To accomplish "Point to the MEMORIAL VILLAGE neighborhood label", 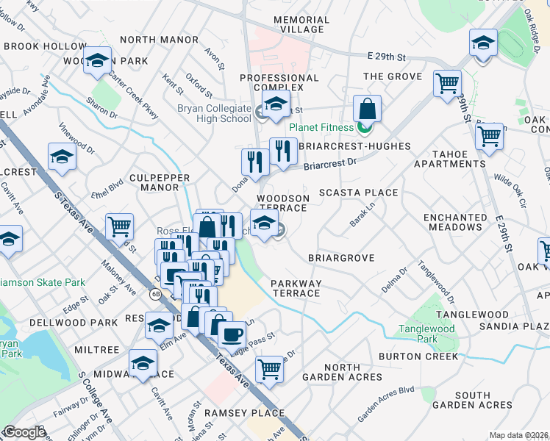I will (x=299, y=24).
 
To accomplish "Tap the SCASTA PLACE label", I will (x=358, y=193).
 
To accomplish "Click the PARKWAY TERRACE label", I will (x=296, y=288).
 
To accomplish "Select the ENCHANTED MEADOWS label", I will (x=455, y=223).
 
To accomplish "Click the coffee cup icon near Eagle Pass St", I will (x=233, y=334).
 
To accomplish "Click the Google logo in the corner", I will (x=25, y=432).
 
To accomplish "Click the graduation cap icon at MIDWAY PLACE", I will (x=143, y=362).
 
